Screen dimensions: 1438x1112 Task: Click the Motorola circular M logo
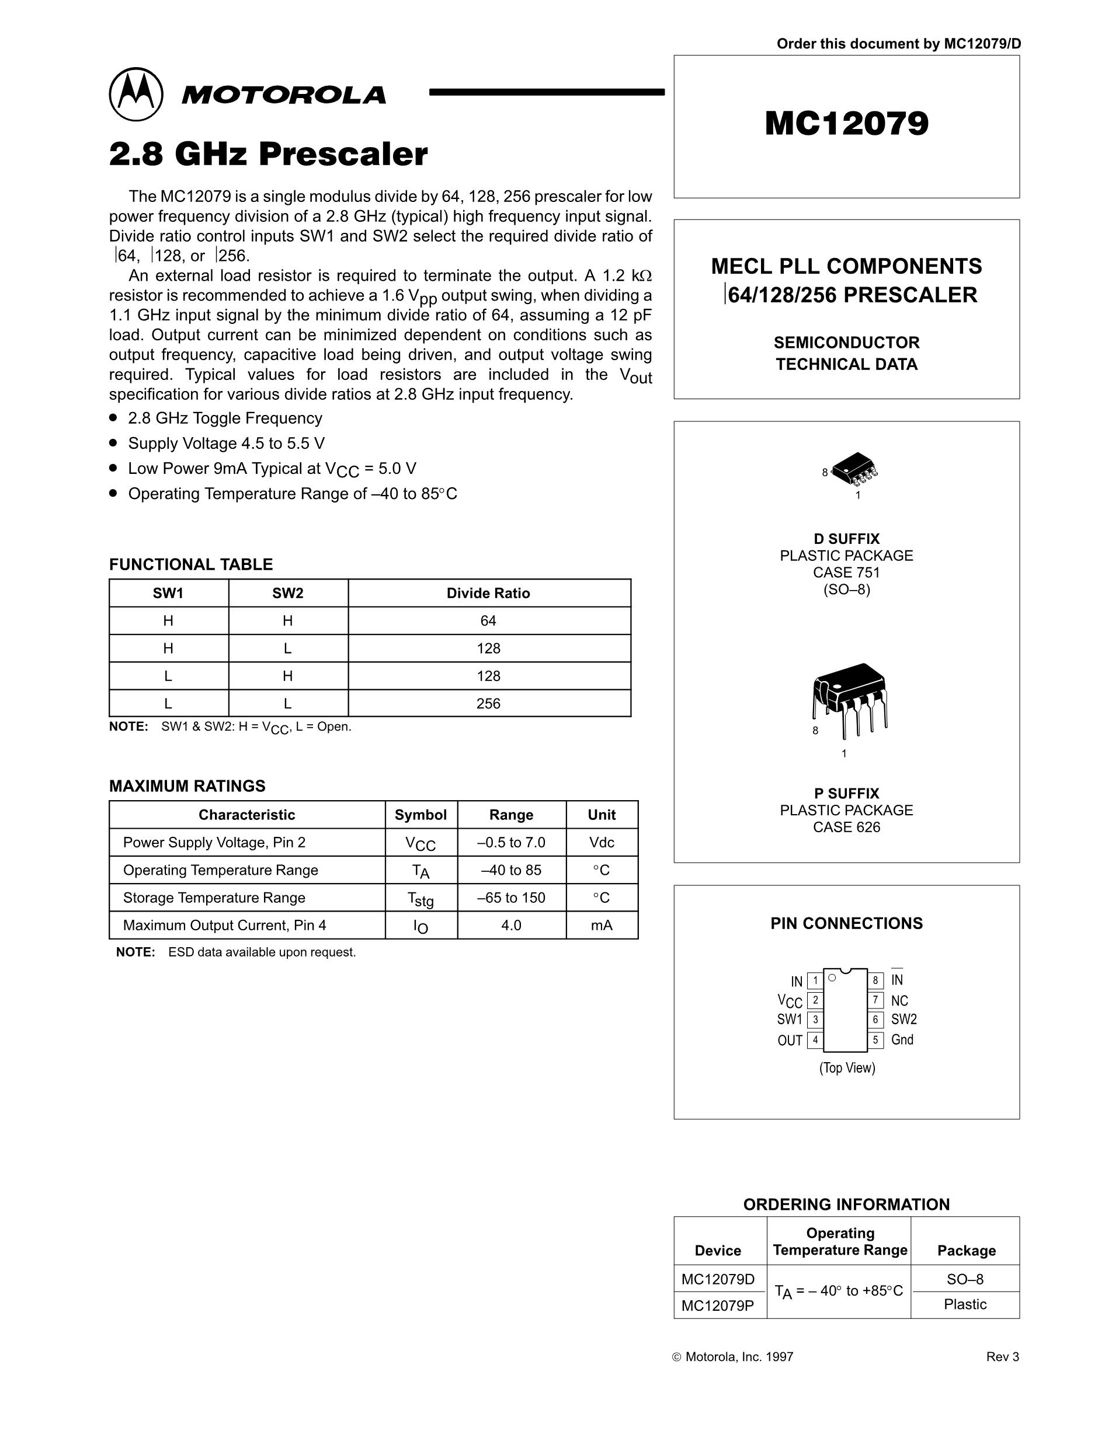[135, 94]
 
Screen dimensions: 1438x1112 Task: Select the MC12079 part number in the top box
[846, 123]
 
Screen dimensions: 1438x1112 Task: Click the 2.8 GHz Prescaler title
[268, 155]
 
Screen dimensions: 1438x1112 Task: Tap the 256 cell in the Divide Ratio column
[488, 704]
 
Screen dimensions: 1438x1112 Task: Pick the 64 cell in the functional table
[488, 621]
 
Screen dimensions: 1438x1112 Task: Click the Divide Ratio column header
[488, 594]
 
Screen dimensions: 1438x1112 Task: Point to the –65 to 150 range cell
[511, 898]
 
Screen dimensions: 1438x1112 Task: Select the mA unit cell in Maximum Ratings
[602, 926]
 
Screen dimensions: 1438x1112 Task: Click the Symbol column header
[421, 815]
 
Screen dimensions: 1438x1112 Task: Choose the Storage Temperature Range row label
[214, 898]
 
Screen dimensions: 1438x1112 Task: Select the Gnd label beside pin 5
[902, 1039]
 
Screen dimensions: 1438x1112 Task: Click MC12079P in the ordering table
[717, 1305]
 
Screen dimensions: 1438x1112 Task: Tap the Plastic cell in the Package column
[965, 1304]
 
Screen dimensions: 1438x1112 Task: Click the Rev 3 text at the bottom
[1002, 1357]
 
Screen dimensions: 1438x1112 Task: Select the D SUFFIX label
[846, 539]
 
